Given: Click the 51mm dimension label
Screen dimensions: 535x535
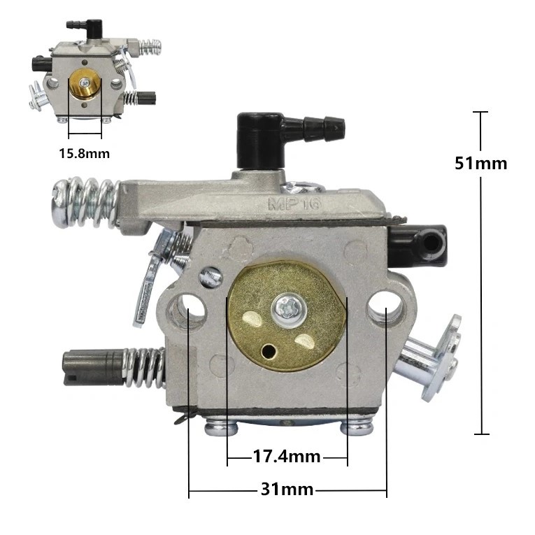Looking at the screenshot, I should click(x=480, y=163).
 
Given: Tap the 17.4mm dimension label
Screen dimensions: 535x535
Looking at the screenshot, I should click(x=286, y=457).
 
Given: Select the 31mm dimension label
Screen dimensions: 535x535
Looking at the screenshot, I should click(x=287, y=490).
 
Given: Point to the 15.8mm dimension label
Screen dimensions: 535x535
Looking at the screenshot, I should click(x=84, y=152).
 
